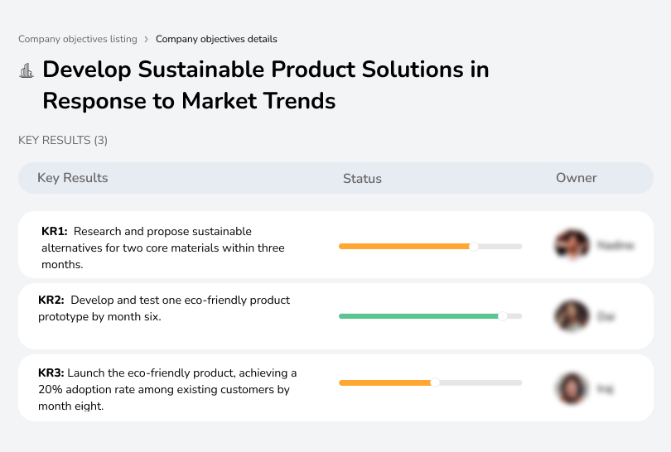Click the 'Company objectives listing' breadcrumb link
pos(78,39)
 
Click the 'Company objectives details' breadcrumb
pos(216,39)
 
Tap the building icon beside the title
pos(27,70)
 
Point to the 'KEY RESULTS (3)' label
pos(63,141)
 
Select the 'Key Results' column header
pos(72,178)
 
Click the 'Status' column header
pos(362,178)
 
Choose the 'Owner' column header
pos(576,178)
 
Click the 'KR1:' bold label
pos(54,232)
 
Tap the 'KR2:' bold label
pos(51,301)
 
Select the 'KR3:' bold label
pos(51,373)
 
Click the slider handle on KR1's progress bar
pos(474,246)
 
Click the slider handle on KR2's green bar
pos(502,316)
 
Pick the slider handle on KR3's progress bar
pos(435,382)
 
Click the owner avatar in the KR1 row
pos(571,245)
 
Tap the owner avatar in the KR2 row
pos(571,316)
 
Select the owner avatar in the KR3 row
pos(571,388)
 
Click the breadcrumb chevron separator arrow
pos(147,39)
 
